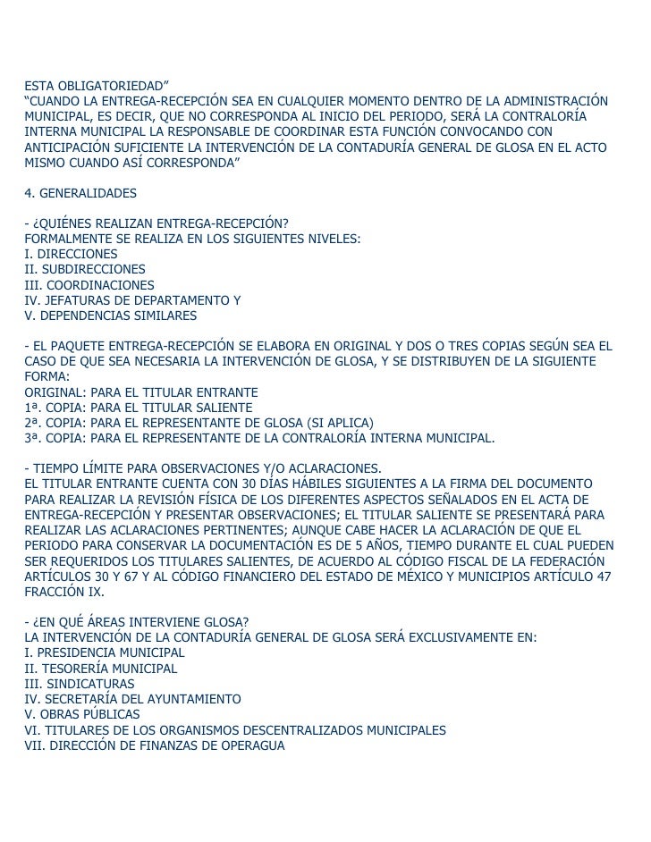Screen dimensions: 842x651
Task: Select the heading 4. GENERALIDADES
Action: point(80,192)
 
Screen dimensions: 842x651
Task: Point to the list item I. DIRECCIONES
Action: point(71,254)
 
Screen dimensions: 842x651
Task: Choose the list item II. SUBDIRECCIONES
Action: point(85,269)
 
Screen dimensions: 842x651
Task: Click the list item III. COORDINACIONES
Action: point(89,284)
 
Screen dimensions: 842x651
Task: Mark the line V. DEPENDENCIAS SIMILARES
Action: point(111,316)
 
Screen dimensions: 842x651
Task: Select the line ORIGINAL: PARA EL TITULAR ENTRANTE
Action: point(141,392)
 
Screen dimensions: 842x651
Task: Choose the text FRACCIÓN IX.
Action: point(64,592)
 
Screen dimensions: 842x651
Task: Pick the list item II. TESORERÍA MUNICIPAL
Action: point(101,669)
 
